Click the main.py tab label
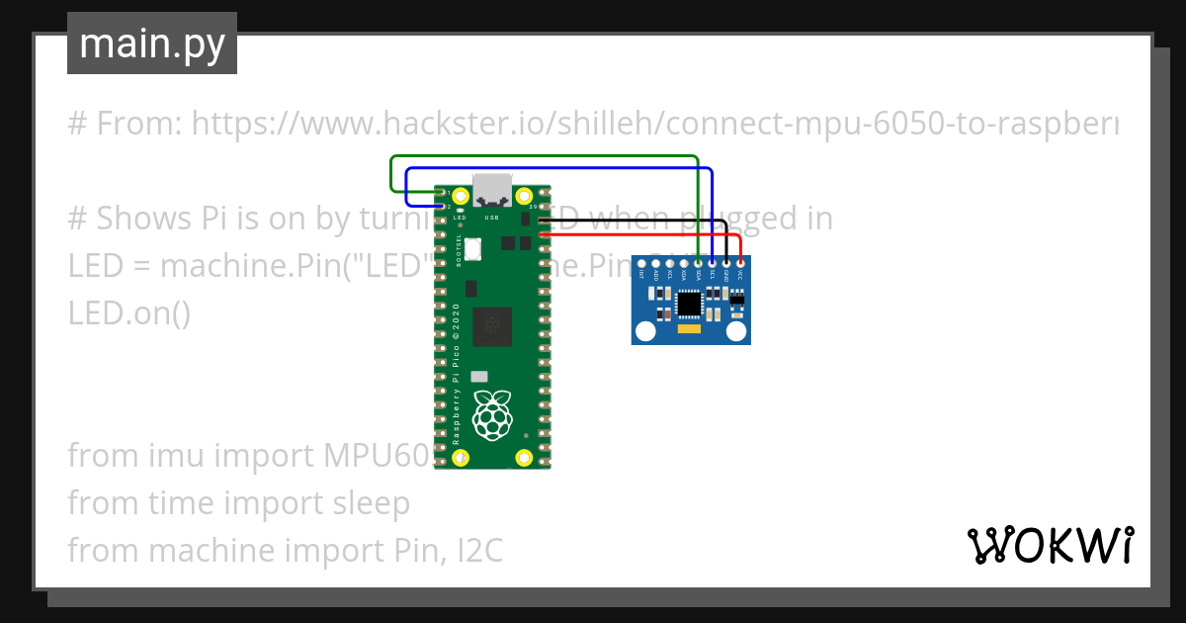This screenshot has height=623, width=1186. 152,44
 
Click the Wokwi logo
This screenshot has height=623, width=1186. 1050,545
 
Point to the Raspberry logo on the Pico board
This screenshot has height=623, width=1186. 491,415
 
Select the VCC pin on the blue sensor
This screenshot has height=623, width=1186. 740,261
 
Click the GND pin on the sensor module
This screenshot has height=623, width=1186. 726,261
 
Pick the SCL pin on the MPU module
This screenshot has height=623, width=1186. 713,261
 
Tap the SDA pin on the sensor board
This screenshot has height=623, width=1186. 699,261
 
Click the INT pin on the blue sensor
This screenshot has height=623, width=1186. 642,261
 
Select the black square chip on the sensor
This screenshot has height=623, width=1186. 689,306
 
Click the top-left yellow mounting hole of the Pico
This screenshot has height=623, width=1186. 460,195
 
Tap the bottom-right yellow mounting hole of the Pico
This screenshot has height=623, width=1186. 524,458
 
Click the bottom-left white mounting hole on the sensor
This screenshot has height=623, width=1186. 645,331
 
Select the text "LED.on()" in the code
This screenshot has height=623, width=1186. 129,313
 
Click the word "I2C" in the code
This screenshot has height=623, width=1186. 479,550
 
